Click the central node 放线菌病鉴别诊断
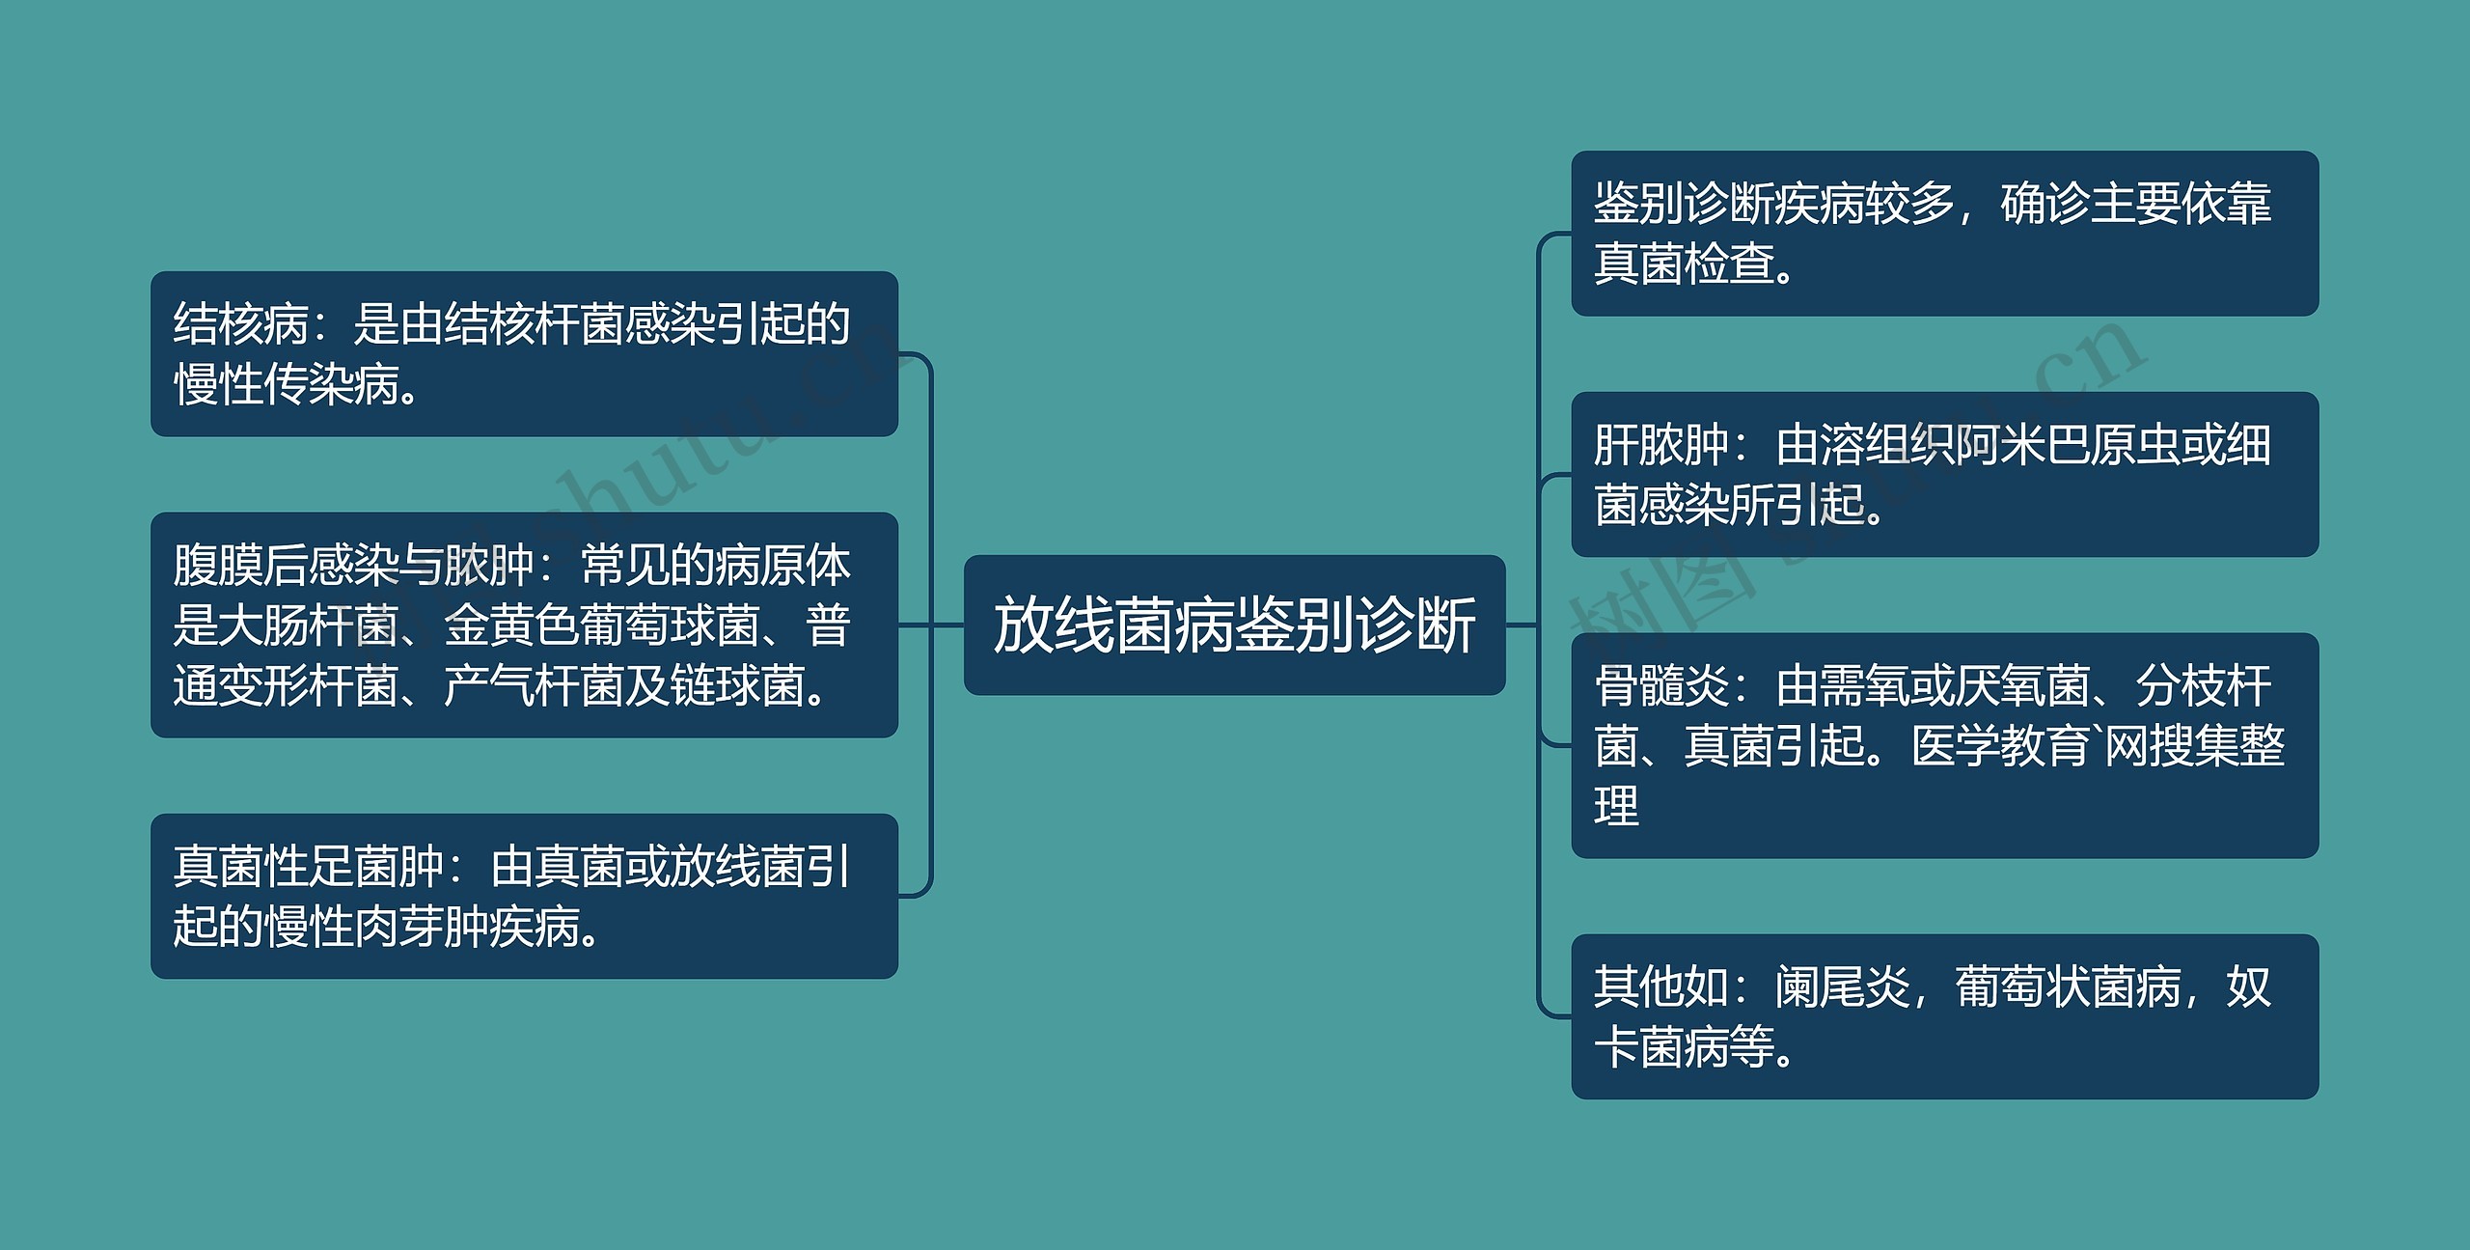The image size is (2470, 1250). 1234,625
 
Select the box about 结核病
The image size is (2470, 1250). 524,353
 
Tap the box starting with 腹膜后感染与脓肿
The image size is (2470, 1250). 524,625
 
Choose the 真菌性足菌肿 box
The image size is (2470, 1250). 524,896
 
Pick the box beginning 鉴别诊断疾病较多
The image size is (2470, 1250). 1944,233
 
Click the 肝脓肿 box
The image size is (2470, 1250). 1944,474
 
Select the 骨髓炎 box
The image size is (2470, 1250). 1944,745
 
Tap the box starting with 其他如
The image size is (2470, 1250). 1944,1016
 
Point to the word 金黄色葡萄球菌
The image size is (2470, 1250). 602,625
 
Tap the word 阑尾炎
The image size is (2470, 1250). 1842,987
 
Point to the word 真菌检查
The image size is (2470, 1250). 1684,264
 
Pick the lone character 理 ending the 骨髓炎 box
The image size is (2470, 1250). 1616,806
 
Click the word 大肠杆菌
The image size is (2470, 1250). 309,625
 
